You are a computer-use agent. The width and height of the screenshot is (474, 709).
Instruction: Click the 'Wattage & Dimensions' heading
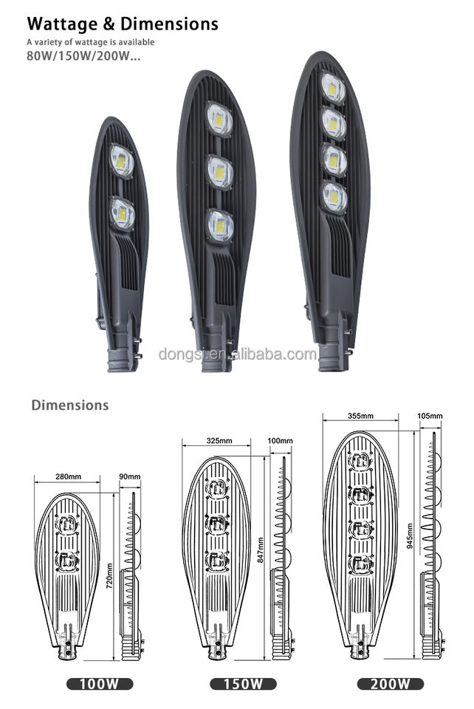tap(123, 24)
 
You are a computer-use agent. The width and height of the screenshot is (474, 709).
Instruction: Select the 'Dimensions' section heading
tap(69, 405)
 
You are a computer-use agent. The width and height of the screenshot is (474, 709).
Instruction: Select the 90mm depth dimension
tap(129, 477)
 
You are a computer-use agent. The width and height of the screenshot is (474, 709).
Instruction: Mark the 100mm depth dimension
tap(281, 441)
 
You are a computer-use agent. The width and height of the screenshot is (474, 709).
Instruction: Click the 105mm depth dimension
tap(430, 417)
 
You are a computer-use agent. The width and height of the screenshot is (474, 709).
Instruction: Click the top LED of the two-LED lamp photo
tap(122, 160)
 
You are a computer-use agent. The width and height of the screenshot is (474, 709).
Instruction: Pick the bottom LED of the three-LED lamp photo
tap(220, 225)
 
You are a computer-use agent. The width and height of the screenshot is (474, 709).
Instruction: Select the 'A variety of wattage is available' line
tap(91, 42)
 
